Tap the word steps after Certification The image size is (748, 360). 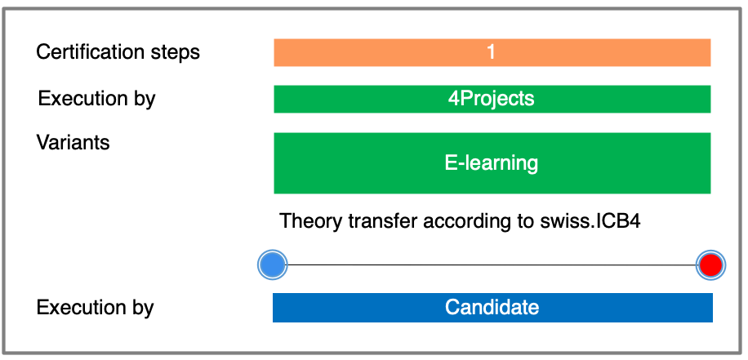pyautogui.click(x=178, y=52)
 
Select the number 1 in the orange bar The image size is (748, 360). pyautogui.click(x=491, y=51)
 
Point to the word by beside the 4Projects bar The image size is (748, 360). pyautogui.click(x=143, y=100)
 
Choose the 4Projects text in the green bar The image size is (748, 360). pyautogui.click(x=491, y=98)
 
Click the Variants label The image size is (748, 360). pyautogui.click(x=73, y=142)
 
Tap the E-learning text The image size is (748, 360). pyautogui.click(x=492, y=163)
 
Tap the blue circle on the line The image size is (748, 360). pyautogui.click(x=273, y=264)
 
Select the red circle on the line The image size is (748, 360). pyautogui.click(x=710, y=264)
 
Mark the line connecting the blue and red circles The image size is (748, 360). pyautogui.click(x=492, y=264)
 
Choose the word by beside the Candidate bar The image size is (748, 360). pyautogui.click(x=141, y=309)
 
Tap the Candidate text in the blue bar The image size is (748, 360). pyautogui.click(x=492, y=307)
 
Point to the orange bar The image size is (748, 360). pyautogui.click(x=492, y=52)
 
